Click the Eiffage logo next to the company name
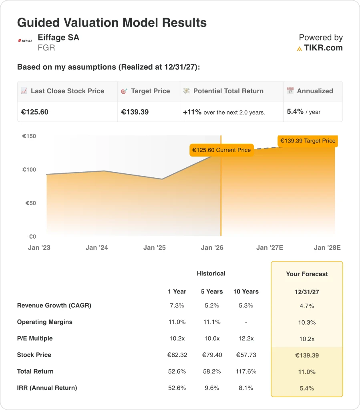[x=25, y=40]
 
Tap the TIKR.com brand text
[x=323, y=48]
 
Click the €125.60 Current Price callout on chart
[x=221, y=150]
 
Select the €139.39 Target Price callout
[x=308, y=141]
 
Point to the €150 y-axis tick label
[x=29, y=136]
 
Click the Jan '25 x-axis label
[x=155, y=247]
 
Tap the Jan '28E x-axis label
[x=327, y=247]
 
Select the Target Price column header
[x=150, y=91]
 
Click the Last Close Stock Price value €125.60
[x=34, y=112]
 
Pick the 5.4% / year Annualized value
[x=304, y=112]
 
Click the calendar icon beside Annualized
[x=290, y=91]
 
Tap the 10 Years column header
[x=246, y=291]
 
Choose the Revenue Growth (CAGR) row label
[x=54, y=305]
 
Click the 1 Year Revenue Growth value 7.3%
[x=177, y=305]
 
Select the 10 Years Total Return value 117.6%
[x=246, y=371]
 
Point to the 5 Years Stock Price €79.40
[x=211, y=355]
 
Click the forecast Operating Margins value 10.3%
[x=307, y=322]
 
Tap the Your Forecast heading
[x=307, y=274]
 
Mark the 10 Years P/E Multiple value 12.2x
[x=246, y=338]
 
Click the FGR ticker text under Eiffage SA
[x=46, y=48]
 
